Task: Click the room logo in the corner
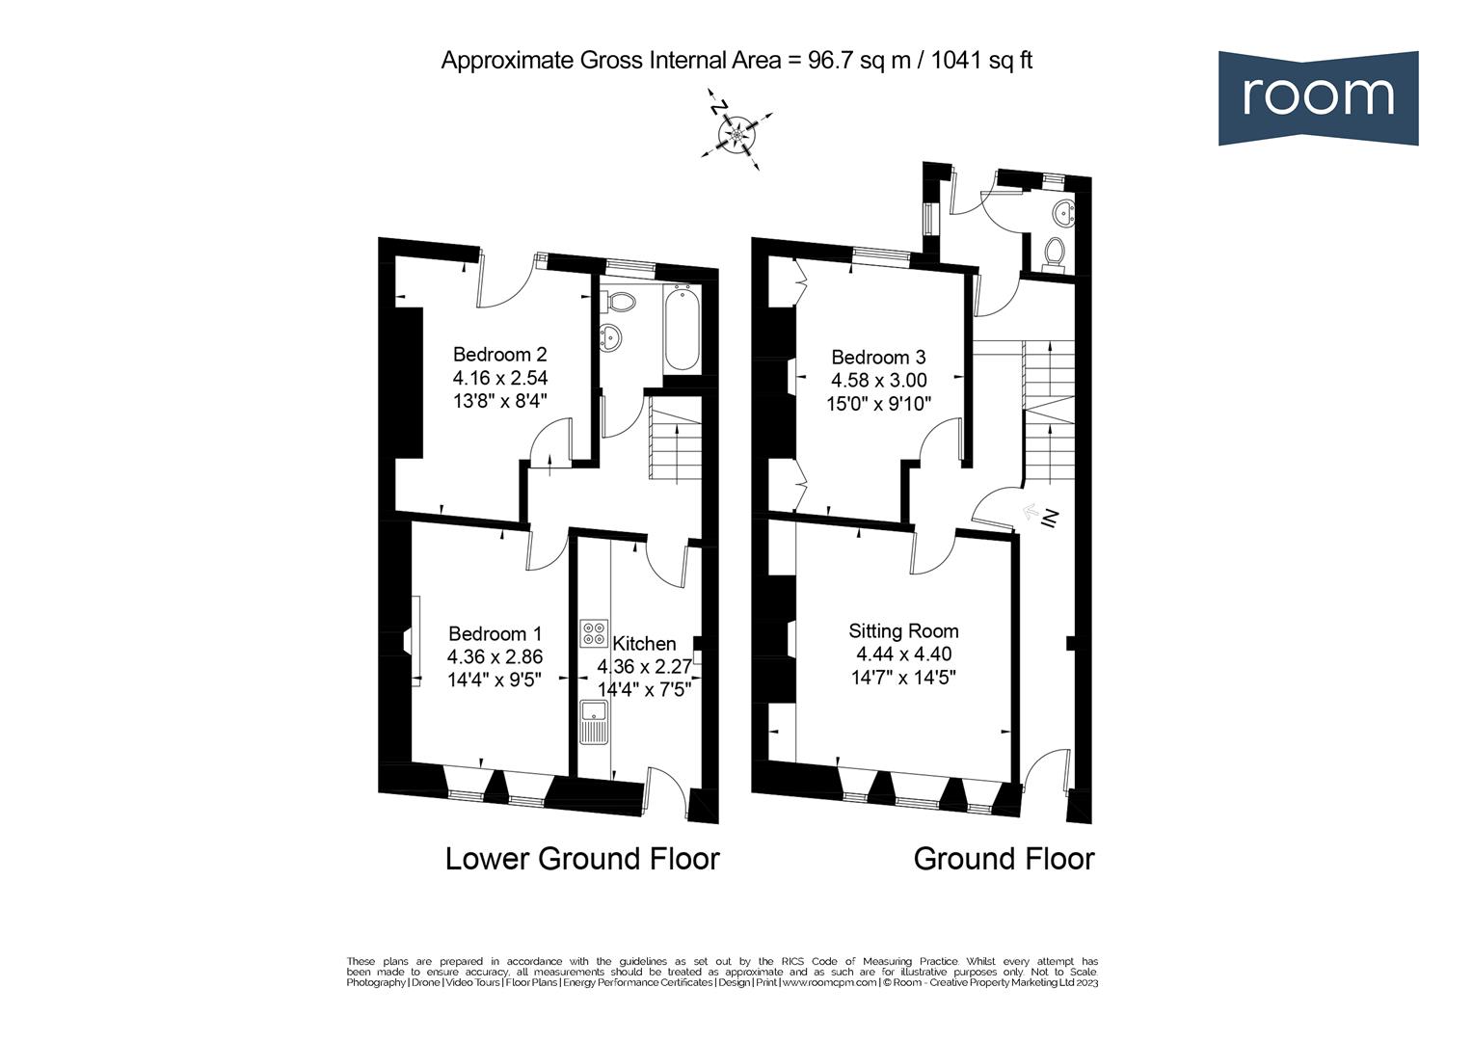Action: click(1317, 97)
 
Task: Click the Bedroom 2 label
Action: click(499, 354)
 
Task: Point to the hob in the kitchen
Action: click(594, 633)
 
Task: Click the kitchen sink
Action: click(593, 722)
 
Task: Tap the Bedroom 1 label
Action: click(495, 634)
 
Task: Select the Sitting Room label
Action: click(903, 631)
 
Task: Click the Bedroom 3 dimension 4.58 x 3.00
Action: click(878, 381)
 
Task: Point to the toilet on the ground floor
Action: click(1054, 253)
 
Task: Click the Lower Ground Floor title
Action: click(582, 859)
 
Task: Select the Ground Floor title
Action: click(1004, 859)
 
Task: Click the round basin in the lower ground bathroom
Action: click(612, 336)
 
